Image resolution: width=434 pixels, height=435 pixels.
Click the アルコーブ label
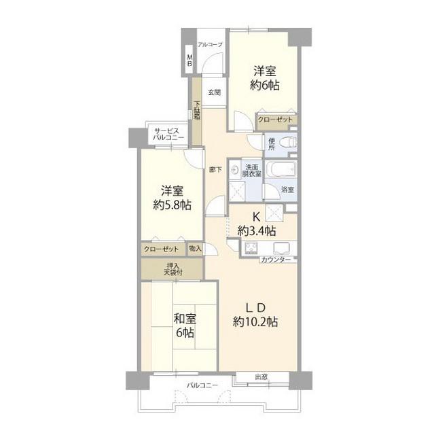(x=210, y=44)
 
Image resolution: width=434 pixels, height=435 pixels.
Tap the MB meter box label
(x=190, y=60)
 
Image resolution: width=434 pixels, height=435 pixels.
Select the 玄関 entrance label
(x=214, y=92)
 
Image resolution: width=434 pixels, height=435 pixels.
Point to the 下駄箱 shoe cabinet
(x=197, y=111)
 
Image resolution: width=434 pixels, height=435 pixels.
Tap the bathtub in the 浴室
(x=281, y=169)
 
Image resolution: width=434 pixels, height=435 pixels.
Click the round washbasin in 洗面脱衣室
(x=235, y=170)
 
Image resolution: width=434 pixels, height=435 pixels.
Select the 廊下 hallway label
(x=215, y=169)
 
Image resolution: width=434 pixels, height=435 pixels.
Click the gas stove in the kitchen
(x=251, y=247)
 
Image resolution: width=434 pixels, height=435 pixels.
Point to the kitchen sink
(x=281, y=247)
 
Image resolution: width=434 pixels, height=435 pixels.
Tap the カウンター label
(x=276, y=260)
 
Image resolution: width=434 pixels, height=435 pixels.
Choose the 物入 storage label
(x=195, y=248)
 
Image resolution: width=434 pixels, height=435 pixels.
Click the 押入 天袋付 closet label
(x=173, y=269)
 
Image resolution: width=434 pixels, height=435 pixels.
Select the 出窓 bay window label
(x=261, y=377)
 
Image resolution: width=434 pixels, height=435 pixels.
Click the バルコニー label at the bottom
(x=202, y=385)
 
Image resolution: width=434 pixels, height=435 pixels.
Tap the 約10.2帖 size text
(x=255, y=322)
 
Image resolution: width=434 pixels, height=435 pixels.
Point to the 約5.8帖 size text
(x=172, y=205)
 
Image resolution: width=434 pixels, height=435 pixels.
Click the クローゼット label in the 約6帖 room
(x=275, y=120)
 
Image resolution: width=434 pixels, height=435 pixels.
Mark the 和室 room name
(x=185, y=319)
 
